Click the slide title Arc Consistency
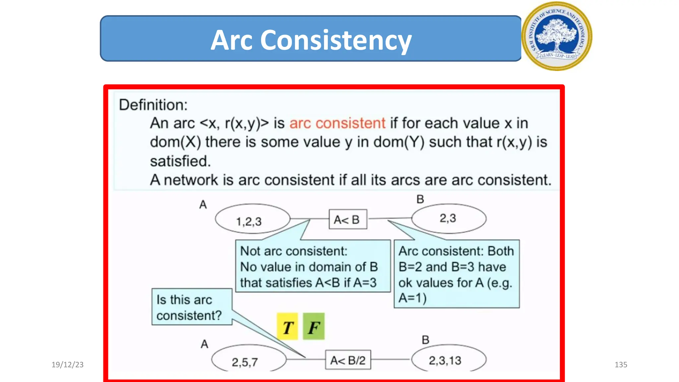(311, 40)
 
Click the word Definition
(153, 105)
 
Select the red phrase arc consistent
(337, 123)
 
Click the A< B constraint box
(347, 220)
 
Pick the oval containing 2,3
(449, 219)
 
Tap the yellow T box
(287, 327)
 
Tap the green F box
(314, 327)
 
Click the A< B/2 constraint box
(348, 360)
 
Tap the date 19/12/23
(67, 365)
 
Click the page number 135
(621, 365)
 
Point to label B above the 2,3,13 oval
(425, 340)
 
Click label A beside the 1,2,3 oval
(203, 205)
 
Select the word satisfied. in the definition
(180, 161)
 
